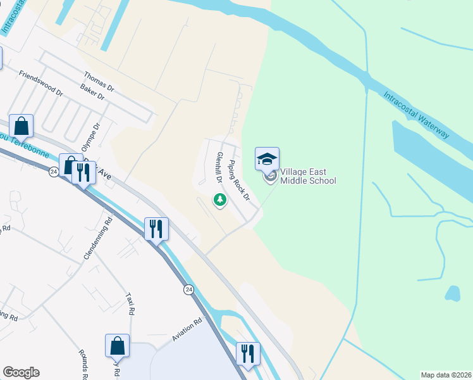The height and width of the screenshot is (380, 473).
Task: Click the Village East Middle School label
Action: (x=308, y=176)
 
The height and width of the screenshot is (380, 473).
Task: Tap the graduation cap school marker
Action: (x=267, y=158)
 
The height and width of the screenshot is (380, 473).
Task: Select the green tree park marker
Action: (x=219, y=201)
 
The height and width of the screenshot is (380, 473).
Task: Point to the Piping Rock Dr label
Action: (x=240, y=180)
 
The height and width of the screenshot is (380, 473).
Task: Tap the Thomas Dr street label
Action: (x=99, y=82)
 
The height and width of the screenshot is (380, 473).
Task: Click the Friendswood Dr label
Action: (x=41, y=83)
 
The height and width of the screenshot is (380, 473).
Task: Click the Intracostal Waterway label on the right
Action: (x=417, y=115)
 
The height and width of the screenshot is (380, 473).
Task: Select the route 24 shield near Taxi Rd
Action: (x=188, y=289)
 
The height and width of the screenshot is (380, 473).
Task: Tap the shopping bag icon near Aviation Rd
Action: (x=118, y=346)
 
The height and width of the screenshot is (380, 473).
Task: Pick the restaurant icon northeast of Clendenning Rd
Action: (x=156, y=229)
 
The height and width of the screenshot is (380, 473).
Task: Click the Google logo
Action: (x=21, y=372)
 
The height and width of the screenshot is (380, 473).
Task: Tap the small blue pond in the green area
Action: (x=452, y=293)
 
